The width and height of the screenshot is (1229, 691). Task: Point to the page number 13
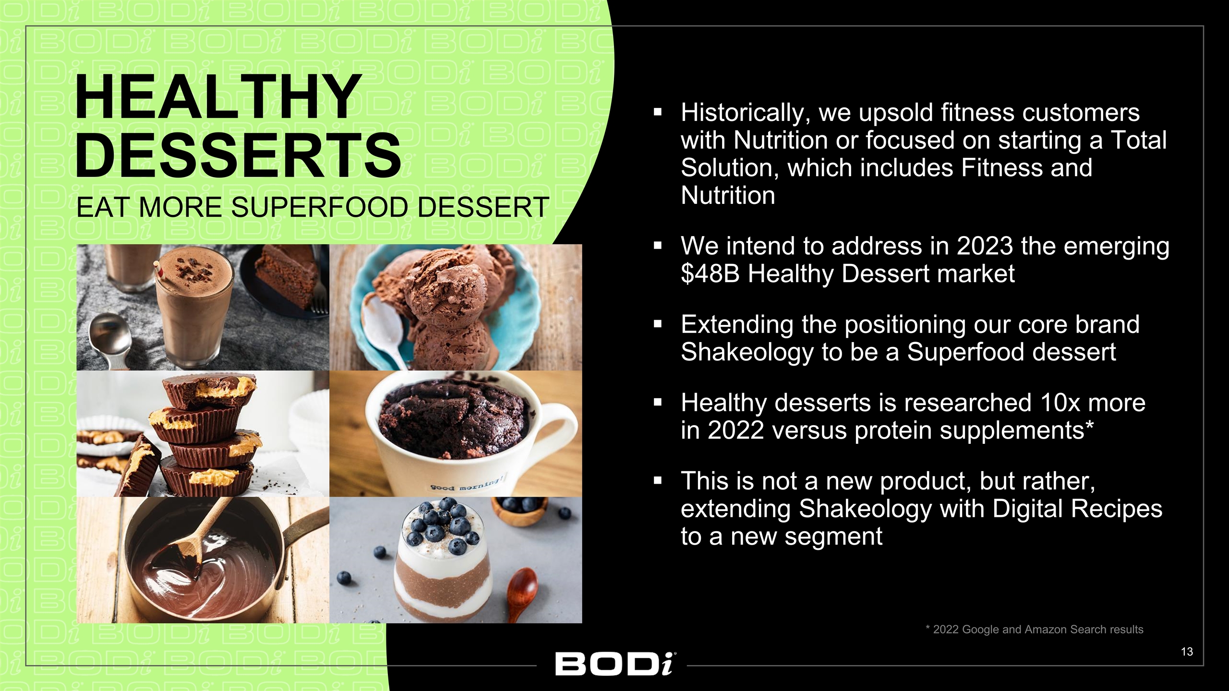click(x=1187, y=652)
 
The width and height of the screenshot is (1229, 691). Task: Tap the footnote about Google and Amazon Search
click(x=1034, y=630)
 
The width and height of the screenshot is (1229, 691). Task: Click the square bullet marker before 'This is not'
click(x=658, y=480)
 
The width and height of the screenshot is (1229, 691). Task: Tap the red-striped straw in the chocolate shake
click(x=158, y=273)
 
